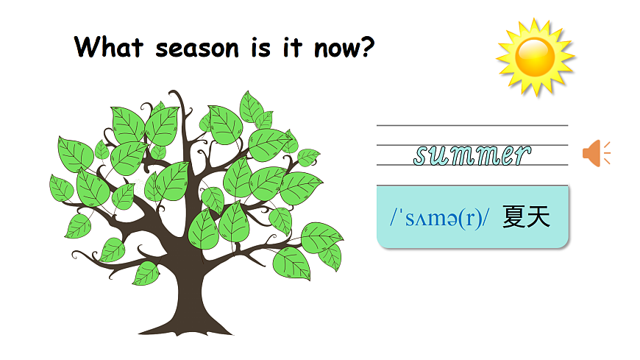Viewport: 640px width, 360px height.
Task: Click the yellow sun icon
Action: tap(535, 57)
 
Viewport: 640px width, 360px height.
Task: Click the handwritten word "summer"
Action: tap(472, 155)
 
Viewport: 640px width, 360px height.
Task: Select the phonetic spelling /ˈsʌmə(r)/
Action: tap(440, 219)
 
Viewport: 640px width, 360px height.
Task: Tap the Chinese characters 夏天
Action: tap(527, 218)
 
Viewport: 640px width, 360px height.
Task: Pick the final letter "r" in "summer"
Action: tap(521, 155)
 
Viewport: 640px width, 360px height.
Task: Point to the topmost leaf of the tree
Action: tap(251, 105)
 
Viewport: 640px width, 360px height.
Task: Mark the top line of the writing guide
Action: tap(472, 126)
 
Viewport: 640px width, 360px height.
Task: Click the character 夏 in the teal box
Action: tap(515, 218)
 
